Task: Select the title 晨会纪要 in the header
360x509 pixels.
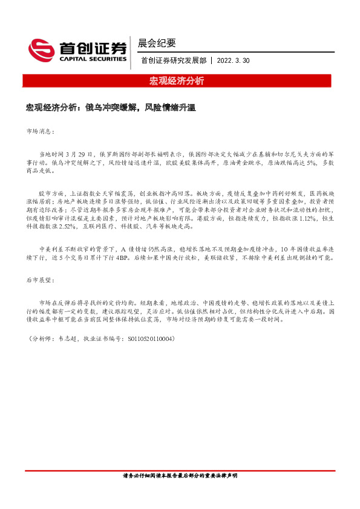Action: [157, 43]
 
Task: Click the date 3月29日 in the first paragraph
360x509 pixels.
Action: [80, 154]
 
